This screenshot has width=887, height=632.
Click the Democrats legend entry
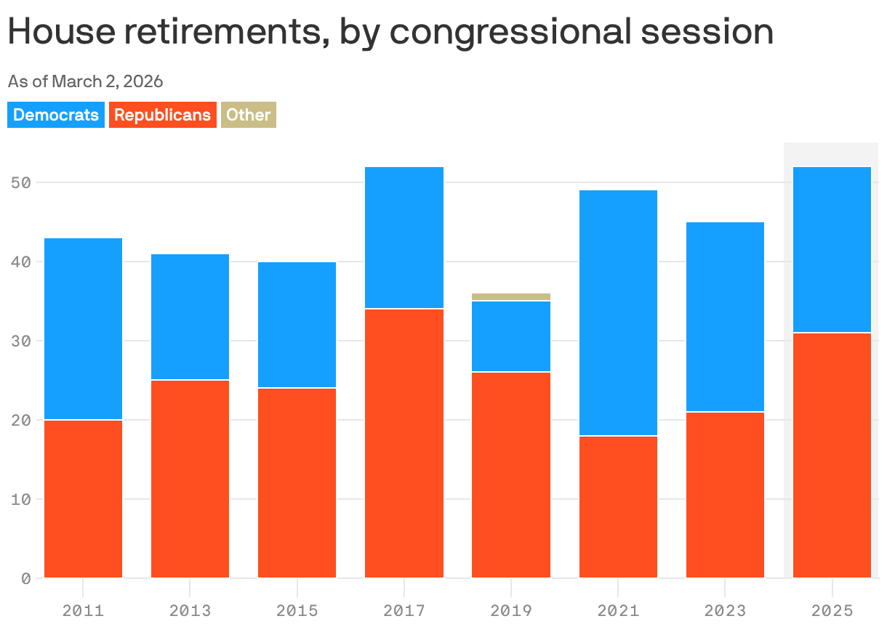click(x=56, y=115)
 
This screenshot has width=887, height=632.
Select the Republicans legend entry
click(x=162, y=115)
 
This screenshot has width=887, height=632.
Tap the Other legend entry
click(x=248, y=115)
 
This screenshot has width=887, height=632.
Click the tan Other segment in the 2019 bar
click(x=511, y=296)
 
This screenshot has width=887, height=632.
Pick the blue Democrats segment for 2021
click(x=618, y=312)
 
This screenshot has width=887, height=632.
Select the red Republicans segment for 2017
click(x=404, y=443)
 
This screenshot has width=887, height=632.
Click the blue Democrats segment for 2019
click(x=511, y=336)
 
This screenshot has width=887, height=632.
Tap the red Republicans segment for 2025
click(x=832, y=455)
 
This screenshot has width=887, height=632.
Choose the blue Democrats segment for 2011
click(x=84, y=328)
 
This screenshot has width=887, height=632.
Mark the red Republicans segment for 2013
click(x=190, y=479)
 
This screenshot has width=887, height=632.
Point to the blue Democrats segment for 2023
click(x=725, y=317)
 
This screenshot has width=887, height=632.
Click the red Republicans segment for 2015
click(x=297, y=482)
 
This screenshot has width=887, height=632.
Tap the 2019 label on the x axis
click(x=511, y=610)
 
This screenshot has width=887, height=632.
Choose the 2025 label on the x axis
click(x=832, y=610)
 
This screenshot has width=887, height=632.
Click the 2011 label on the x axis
click(x=84, y=610)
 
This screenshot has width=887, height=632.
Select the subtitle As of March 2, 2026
click(x=85, y=81)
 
